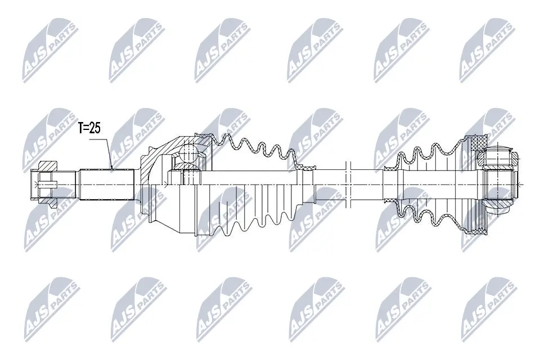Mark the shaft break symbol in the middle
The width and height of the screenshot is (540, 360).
pos(347,184)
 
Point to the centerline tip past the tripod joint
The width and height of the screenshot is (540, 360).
pos(523,184)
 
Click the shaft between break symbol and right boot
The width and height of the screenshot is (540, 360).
pos(366,184)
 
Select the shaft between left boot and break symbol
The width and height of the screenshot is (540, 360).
pos(329,184)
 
